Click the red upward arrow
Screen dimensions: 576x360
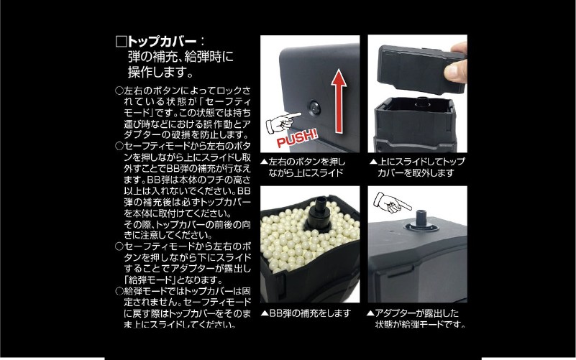(339, 102)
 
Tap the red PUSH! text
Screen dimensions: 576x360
(297, 137)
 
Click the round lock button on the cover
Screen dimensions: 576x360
(314, 108)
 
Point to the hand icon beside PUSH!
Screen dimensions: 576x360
(283, 123)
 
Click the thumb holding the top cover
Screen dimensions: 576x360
(455, 70)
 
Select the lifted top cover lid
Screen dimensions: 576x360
(421, 67)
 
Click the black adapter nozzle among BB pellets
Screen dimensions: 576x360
(318, 213)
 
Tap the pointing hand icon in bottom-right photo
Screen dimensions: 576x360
(392, 203)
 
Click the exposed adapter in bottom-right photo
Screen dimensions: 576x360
(422, 221)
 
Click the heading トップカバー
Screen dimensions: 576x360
(162, 41)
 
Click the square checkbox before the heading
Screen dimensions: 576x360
(121, 42)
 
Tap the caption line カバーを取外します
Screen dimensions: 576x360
(416, 172)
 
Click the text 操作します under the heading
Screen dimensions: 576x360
(160, 72)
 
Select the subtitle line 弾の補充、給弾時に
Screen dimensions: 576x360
(180, 57)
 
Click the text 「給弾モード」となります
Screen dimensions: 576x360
(174, 280)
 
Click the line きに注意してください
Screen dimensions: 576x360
(168, 235)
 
